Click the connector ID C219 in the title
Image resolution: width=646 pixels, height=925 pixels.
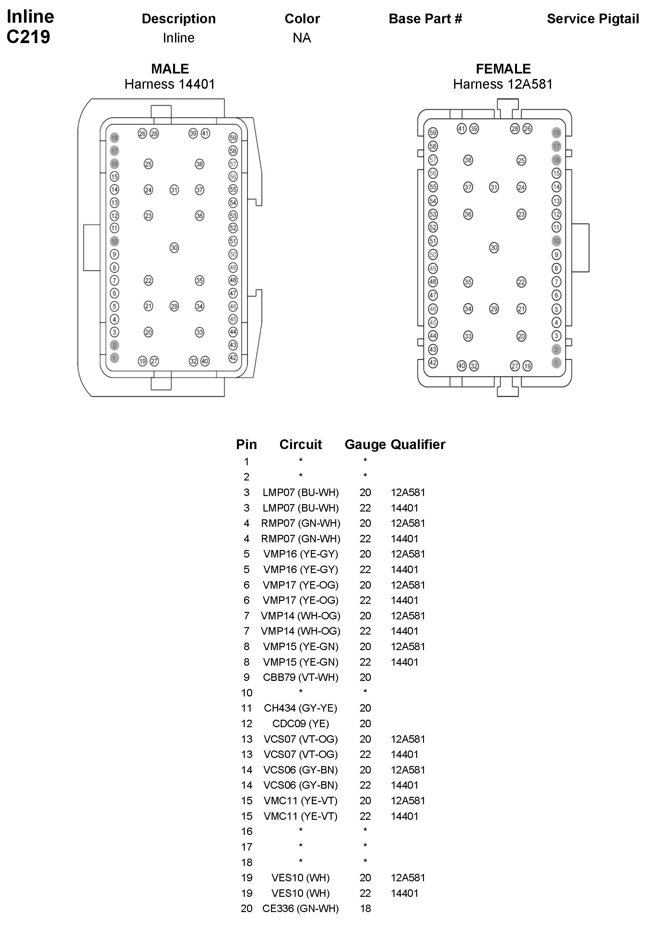(28, 37)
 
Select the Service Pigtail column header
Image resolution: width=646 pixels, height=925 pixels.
(593, 19)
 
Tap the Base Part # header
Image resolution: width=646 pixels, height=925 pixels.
(425, 19)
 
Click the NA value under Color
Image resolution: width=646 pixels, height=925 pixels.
(302, 38)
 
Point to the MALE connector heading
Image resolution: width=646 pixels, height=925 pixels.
(170, 69)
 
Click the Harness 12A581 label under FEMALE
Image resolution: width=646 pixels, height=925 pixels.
(502, 84)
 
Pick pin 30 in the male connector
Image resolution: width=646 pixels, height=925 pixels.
(174, 248)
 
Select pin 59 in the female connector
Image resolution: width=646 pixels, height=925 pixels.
(433, 132)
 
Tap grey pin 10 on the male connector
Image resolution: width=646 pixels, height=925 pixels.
(114, 241)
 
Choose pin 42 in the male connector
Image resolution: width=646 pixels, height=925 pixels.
(233, 357)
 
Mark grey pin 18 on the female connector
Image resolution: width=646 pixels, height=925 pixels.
(556, 132)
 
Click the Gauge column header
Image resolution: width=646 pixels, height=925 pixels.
(365, 445)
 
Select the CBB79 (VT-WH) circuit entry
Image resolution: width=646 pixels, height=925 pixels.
(300, 677)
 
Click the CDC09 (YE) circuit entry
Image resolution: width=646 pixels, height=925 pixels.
(300, 724)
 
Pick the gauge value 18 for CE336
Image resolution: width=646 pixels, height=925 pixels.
(365, 908)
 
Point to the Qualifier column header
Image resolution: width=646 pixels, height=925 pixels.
(418, 445)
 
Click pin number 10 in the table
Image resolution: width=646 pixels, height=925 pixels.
(246, 693)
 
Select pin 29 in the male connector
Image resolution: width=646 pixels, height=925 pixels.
(174, 306)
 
